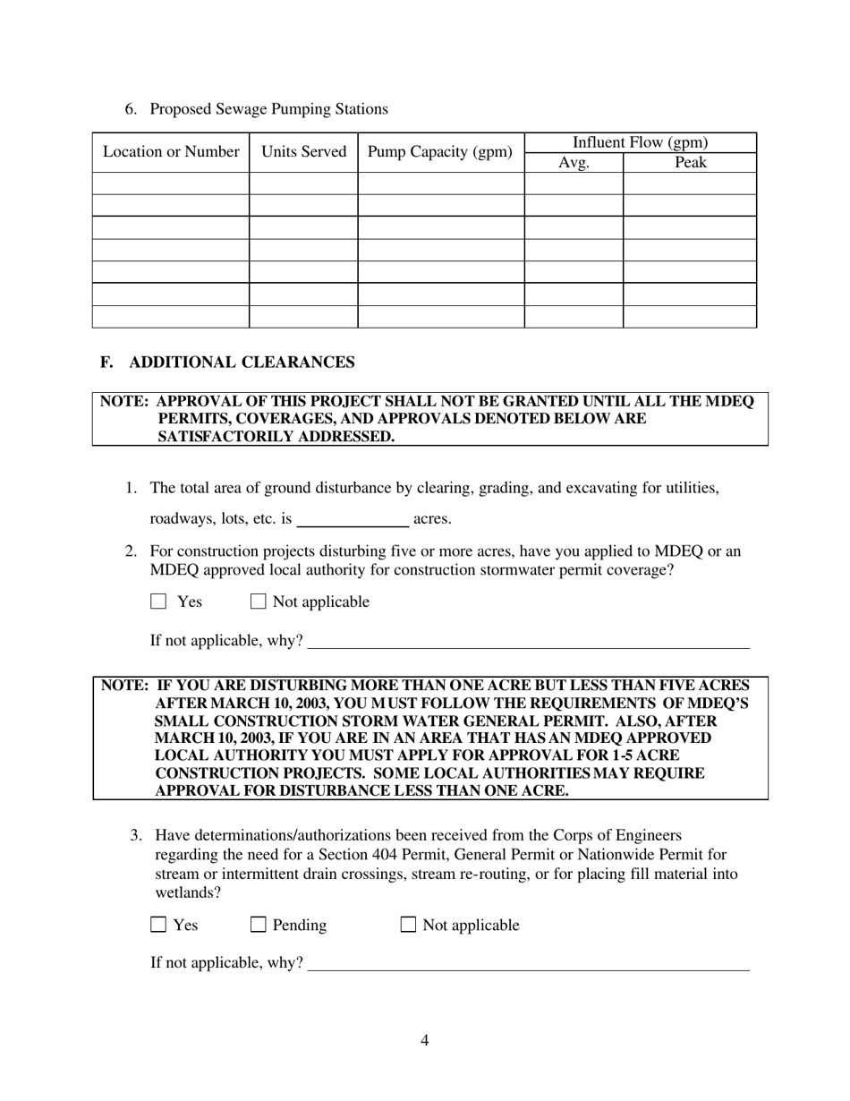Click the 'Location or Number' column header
point(171,152)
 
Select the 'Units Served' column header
point(303,152)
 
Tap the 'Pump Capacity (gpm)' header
point(440,152)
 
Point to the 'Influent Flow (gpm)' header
point(640,142)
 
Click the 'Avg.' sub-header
point(574,163)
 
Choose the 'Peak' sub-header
point(690,163)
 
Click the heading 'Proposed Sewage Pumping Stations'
point(268,109)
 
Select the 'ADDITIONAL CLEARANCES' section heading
point(242,363)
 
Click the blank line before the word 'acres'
point(353,519)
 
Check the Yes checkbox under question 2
point(159,602)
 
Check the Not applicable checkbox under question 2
point(259,602)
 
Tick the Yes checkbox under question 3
point(159,926)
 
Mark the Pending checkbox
point(259,926)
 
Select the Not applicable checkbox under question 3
point(408,926)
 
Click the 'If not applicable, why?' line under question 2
point(528,642)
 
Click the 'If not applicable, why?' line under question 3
point(528,964)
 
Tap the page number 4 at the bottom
point(424,1040)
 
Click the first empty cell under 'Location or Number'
point(171,183)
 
